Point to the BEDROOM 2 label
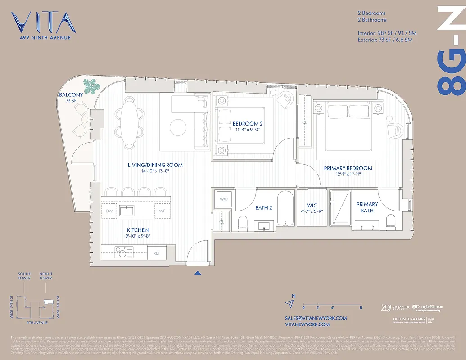coord(247,123)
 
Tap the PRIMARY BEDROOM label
coord(348,168)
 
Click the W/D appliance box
coord(223,199)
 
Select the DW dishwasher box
coord(109,211)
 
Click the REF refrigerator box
coord(157,253)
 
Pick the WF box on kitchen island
coord(162,211)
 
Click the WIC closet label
coord(312,206)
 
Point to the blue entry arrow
coord(197,273)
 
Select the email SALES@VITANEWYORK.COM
coord(316,318)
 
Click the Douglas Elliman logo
coord(427,308)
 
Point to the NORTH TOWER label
coord(45,276)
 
